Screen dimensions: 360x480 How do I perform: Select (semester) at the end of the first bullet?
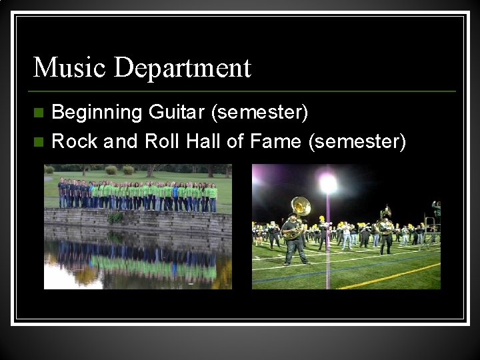(259, 113)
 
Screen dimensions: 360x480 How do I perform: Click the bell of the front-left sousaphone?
(301, 206)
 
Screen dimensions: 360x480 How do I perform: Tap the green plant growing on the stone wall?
(116, 217)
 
